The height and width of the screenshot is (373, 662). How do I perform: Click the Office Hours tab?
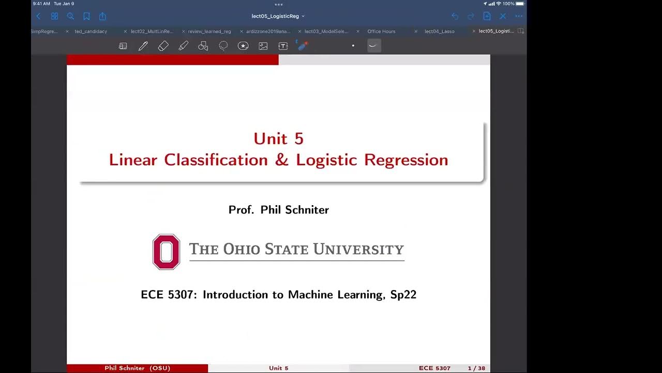pyautogui.click(x=381, y=32)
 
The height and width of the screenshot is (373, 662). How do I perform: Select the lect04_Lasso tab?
pyautogui.click(x=439, y=32)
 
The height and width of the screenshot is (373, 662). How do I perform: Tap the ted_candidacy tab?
pyautogui.click(x=91, y=32)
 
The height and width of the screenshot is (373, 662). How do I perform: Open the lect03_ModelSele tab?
pyautogui.click(x=326, y=32)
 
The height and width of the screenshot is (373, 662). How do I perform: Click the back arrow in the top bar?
pyautogui.click(x=38, y=16)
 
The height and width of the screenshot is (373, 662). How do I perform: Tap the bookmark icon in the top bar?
pyautogui.click(x=86, y=16)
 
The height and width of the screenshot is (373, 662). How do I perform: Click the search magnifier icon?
pyautogui.click(x=70, y=16)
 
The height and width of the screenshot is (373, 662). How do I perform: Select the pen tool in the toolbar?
pyautogui.click(x=143, y=46)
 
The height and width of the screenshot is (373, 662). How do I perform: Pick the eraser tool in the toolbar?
pyautogui.click(x=163, y=46)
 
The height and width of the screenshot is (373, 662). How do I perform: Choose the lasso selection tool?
pyautogui.click(x=223, y=46)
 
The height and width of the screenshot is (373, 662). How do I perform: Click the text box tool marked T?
pyautogui.click(x=283, y=46)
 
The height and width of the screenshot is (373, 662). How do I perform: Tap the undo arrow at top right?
pyautogui.click(x=455, y=16)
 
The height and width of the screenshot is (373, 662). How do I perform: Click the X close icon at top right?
pyautogui.click(x=503, y=16)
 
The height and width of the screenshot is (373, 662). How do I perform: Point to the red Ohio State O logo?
pyautogui.click(x=166, y=252)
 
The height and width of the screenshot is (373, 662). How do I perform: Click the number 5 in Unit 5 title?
pyautogui.click(x=298, y=139)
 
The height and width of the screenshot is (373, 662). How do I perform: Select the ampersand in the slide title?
pyautogui.click(x=282, y=160)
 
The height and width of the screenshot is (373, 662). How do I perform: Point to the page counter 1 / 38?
pyautogui.click(x=476, y=368)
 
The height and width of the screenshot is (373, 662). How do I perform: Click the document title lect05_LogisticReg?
pyautogui.click(x=275, y=16)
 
